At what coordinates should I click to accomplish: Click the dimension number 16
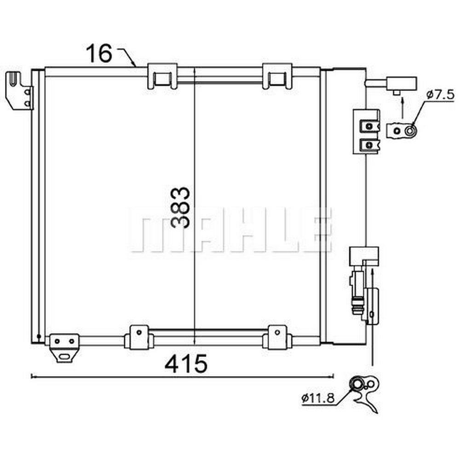[x=99, y=53]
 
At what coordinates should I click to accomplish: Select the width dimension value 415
[x=186, y=363]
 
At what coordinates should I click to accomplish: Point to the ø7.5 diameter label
[x=440, y=95]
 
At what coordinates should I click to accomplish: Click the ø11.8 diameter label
[x=318, y=398]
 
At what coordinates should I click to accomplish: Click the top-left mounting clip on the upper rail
[x=162, y=76]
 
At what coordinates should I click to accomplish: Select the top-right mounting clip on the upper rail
[x=277, y=76]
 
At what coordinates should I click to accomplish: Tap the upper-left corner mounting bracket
[x=19, y=90]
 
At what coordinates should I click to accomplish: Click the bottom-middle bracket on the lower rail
[x=139, y=337]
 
